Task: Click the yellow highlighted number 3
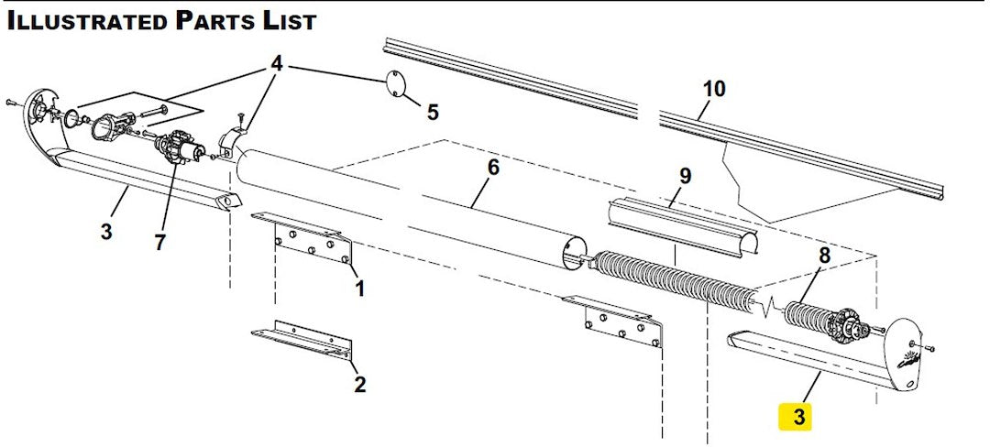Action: (x=798, y=418)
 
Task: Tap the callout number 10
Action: (x=714, y=89)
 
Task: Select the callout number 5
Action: (x=433, y=113)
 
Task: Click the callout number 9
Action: (x=685, y=174)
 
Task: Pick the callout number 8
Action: (x=824, y=257)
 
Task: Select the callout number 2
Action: (x=360, y=384)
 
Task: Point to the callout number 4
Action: (x=277, y=66)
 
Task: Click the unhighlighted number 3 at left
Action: (x=106, y=232)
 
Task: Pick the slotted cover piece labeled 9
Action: (x=683, y=225)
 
